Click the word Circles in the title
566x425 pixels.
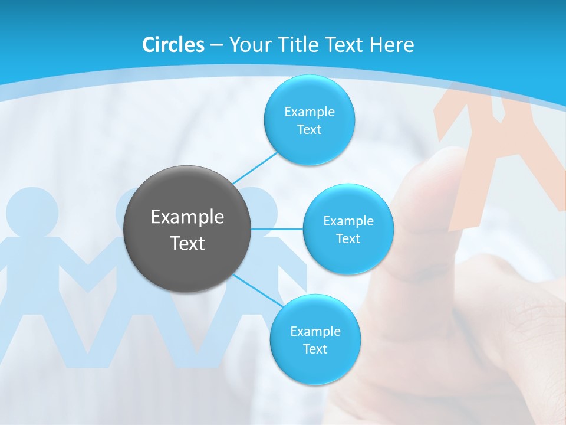[x=173, y=45]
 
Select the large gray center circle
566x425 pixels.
[x=187, y=229]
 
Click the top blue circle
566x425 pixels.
[x=309, y=120]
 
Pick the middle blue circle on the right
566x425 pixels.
[x=348, y=229]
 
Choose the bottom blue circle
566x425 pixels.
[x=315, y=339]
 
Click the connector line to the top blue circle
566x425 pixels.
[x=255, y=168]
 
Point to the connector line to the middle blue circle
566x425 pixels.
[x=277, y=229]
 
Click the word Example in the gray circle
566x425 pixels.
[x=187, y=217]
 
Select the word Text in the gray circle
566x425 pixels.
[x=187, y=243]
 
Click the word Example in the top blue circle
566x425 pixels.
[x=309, y=112]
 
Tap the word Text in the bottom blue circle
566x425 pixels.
[x=315, y=349]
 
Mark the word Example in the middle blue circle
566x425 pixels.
[x=348, y=221]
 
